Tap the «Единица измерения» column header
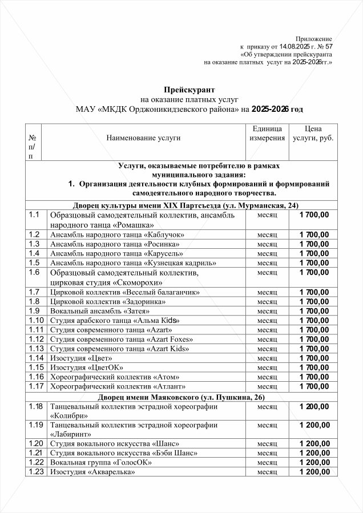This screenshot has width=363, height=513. tap(267, 134)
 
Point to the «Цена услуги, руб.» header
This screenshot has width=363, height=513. tap(313, 134)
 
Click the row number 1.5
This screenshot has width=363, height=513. tap(34, 262)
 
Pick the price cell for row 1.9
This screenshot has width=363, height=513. tap(313, 311)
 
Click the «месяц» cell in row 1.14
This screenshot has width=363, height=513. tap(267, 358)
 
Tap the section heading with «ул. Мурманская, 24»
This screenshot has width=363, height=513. tap(186, 205)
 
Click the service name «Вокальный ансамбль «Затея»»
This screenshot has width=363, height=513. tap(100, 311)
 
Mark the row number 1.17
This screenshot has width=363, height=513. tap(35, 386)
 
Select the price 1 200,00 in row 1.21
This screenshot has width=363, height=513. tap(313, 453)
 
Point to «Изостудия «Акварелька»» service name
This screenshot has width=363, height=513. tap(94, 472)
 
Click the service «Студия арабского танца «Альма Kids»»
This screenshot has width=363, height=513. tap(112, 320)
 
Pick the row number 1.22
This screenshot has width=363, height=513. tap(35, 462)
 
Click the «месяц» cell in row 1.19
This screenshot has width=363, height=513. tap(267, 425)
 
